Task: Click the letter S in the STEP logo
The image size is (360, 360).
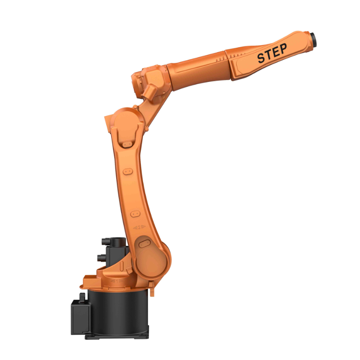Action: click(261, 58)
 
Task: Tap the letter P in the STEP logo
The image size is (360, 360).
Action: click(283, 49)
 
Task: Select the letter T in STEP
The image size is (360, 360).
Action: click(269, 55)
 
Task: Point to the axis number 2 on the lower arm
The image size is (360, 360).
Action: click(139, 227)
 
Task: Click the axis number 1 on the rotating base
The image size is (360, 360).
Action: click(117, 281)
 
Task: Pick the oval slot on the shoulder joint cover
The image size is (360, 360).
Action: click(144, 243)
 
